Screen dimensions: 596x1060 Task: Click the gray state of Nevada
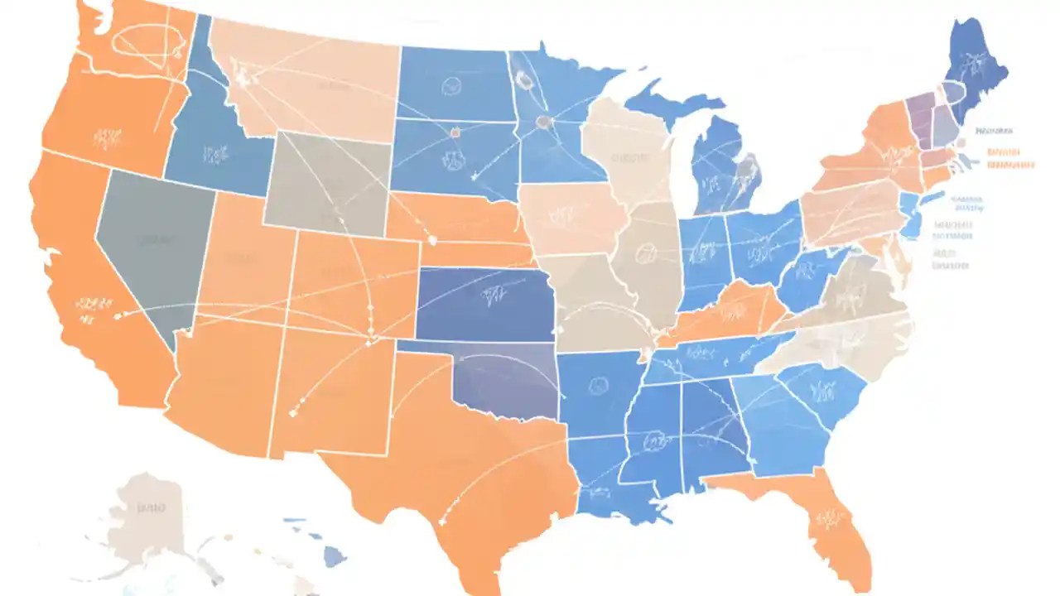click(x=149, y=248)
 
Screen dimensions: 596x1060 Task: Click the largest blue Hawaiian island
click(x=334, y=560)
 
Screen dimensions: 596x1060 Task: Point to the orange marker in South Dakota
click(x=454, y=130)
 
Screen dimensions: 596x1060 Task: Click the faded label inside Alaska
click(x=152, y=507)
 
